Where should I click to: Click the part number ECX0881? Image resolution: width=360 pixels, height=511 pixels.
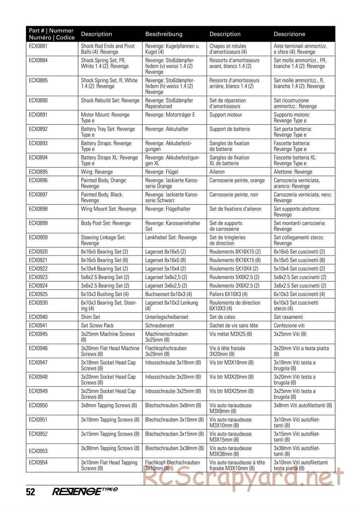[x=38, y=46]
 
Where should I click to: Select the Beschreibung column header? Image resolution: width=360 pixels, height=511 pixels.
[x=164, y=34]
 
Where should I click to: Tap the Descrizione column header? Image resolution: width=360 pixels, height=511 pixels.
[x=289, y=34]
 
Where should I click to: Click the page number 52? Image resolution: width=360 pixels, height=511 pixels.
[x=31, y=492]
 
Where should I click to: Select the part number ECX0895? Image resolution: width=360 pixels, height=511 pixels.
[x=38, y=172]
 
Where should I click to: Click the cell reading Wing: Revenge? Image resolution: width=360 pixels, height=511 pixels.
[x=97, y=172]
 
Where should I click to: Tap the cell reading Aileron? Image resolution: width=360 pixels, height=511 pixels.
[x=217, y=172]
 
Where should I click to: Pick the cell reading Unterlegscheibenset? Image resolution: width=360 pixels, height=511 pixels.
[x=167, y=317]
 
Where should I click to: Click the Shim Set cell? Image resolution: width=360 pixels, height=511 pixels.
[x=91, y=317]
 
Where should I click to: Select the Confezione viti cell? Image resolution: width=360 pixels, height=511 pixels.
[x=289, y=326]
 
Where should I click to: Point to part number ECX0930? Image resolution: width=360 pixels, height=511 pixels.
[x=38, y=303]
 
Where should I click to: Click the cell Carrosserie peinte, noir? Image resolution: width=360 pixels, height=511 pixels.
[x=234, y=195]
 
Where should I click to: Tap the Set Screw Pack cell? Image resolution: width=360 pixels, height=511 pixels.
[x=97, y=326]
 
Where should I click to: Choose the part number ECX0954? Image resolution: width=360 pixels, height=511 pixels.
[x=38, y=463]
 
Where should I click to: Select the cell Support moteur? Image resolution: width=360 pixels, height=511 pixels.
[x=226, y=115]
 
